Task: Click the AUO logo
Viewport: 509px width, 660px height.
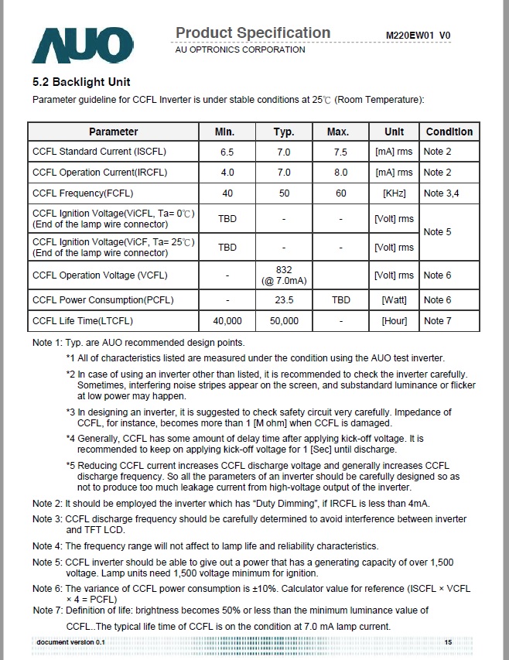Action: (x=77, y=43)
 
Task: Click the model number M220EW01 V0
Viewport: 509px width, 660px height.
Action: (x=418, y=36)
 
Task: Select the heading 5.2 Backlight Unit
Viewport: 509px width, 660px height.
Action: (x=81, y=82)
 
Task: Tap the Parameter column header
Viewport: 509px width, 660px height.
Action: (x=114, y=132)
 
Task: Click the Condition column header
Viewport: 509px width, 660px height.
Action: (x=449, y=132)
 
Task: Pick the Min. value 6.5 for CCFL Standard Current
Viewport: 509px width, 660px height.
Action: (x=227, y=152)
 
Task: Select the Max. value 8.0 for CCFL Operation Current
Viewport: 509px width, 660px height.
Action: (x=340, y=172)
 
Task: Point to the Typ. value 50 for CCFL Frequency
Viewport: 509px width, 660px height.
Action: (x=284, y=193)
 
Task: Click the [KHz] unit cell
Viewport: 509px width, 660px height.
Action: (x=394, y=193)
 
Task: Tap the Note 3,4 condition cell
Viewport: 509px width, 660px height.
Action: (x=441, y=193)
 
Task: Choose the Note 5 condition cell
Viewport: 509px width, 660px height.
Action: (x=437, y=231)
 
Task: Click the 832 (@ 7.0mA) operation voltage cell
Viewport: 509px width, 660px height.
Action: (x=284, y=275)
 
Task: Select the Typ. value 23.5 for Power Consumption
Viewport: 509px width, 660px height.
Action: (x=284, y=300)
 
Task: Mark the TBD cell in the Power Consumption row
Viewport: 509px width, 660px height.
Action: (x=340, y=300)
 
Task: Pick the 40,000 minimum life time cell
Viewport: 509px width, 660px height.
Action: (x=227, y=320)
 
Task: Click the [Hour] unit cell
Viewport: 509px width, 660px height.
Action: (x=394, y=320)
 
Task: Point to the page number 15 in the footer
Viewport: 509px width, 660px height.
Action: (x=448, y=643)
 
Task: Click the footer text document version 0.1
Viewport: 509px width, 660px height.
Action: (x=70, y=643)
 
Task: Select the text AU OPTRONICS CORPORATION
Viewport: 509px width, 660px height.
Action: (x=241, y=50)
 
